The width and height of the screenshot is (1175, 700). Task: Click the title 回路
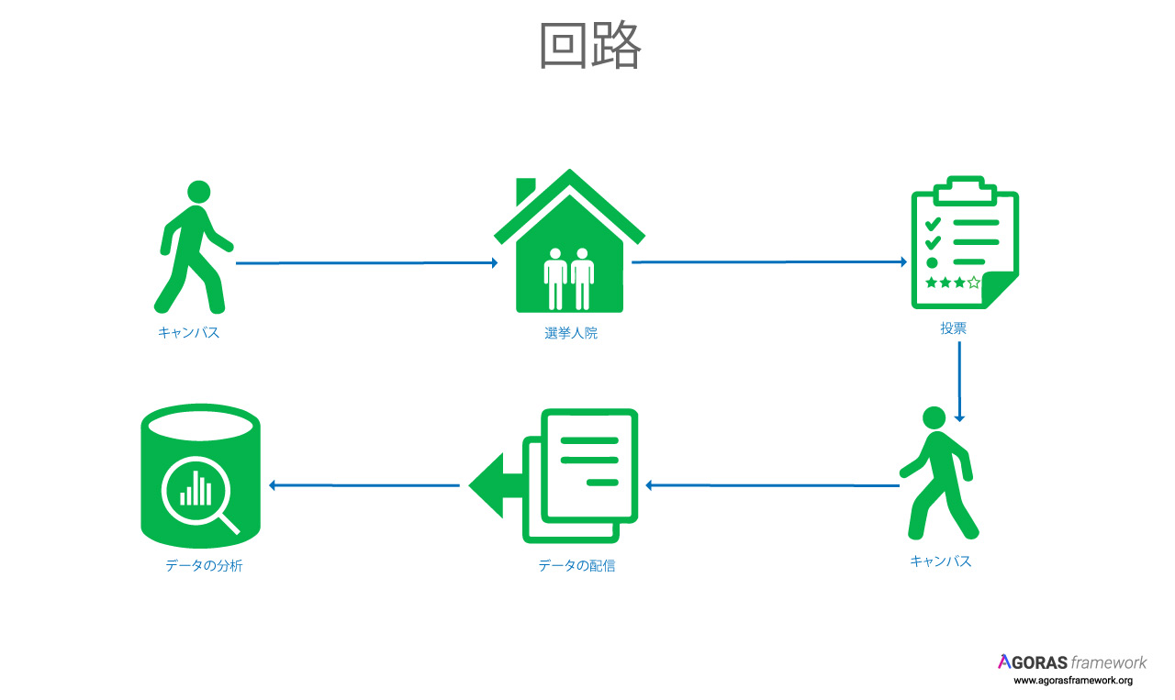coord(590,45)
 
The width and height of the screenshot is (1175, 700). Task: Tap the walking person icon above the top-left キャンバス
coord(194,247)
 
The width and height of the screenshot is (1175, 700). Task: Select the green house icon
coord(570,240)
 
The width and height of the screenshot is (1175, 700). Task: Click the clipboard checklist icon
coord(965,242)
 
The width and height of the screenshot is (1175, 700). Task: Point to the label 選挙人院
coord(571,333)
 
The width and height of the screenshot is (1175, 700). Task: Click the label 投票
coord(953,328)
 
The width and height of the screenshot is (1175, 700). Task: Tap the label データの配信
coord(576,566)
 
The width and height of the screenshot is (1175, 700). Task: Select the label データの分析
coord(204,566)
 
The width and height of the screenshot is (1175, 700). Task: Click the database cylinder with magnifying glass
coord(200,475)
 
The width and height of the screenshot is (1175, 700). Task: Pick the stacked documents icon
coord(554,476)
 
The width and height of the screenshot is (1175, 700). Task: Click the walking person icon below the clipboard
coord(939,473)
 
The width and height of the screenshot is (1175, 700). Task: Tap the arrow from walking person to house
coord(366,262)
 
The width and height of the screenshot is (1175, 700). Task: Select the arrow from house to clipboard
coord(769,261)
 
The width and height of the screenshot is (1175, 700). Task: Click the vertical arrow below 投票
coord(959,382)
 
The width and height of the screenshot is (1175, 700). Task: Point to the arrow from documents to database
coord(364,485)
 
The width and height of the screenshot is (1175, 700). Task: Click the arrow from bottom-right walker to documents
coord(772,485)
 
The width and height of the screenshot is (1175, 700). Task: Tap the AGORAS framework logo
coord(1072,662)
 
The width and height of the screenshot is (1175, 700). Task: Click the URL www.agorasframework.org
coord(1073,681)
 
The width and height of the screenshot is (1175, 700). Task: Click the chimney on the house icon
coord(525,191)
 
